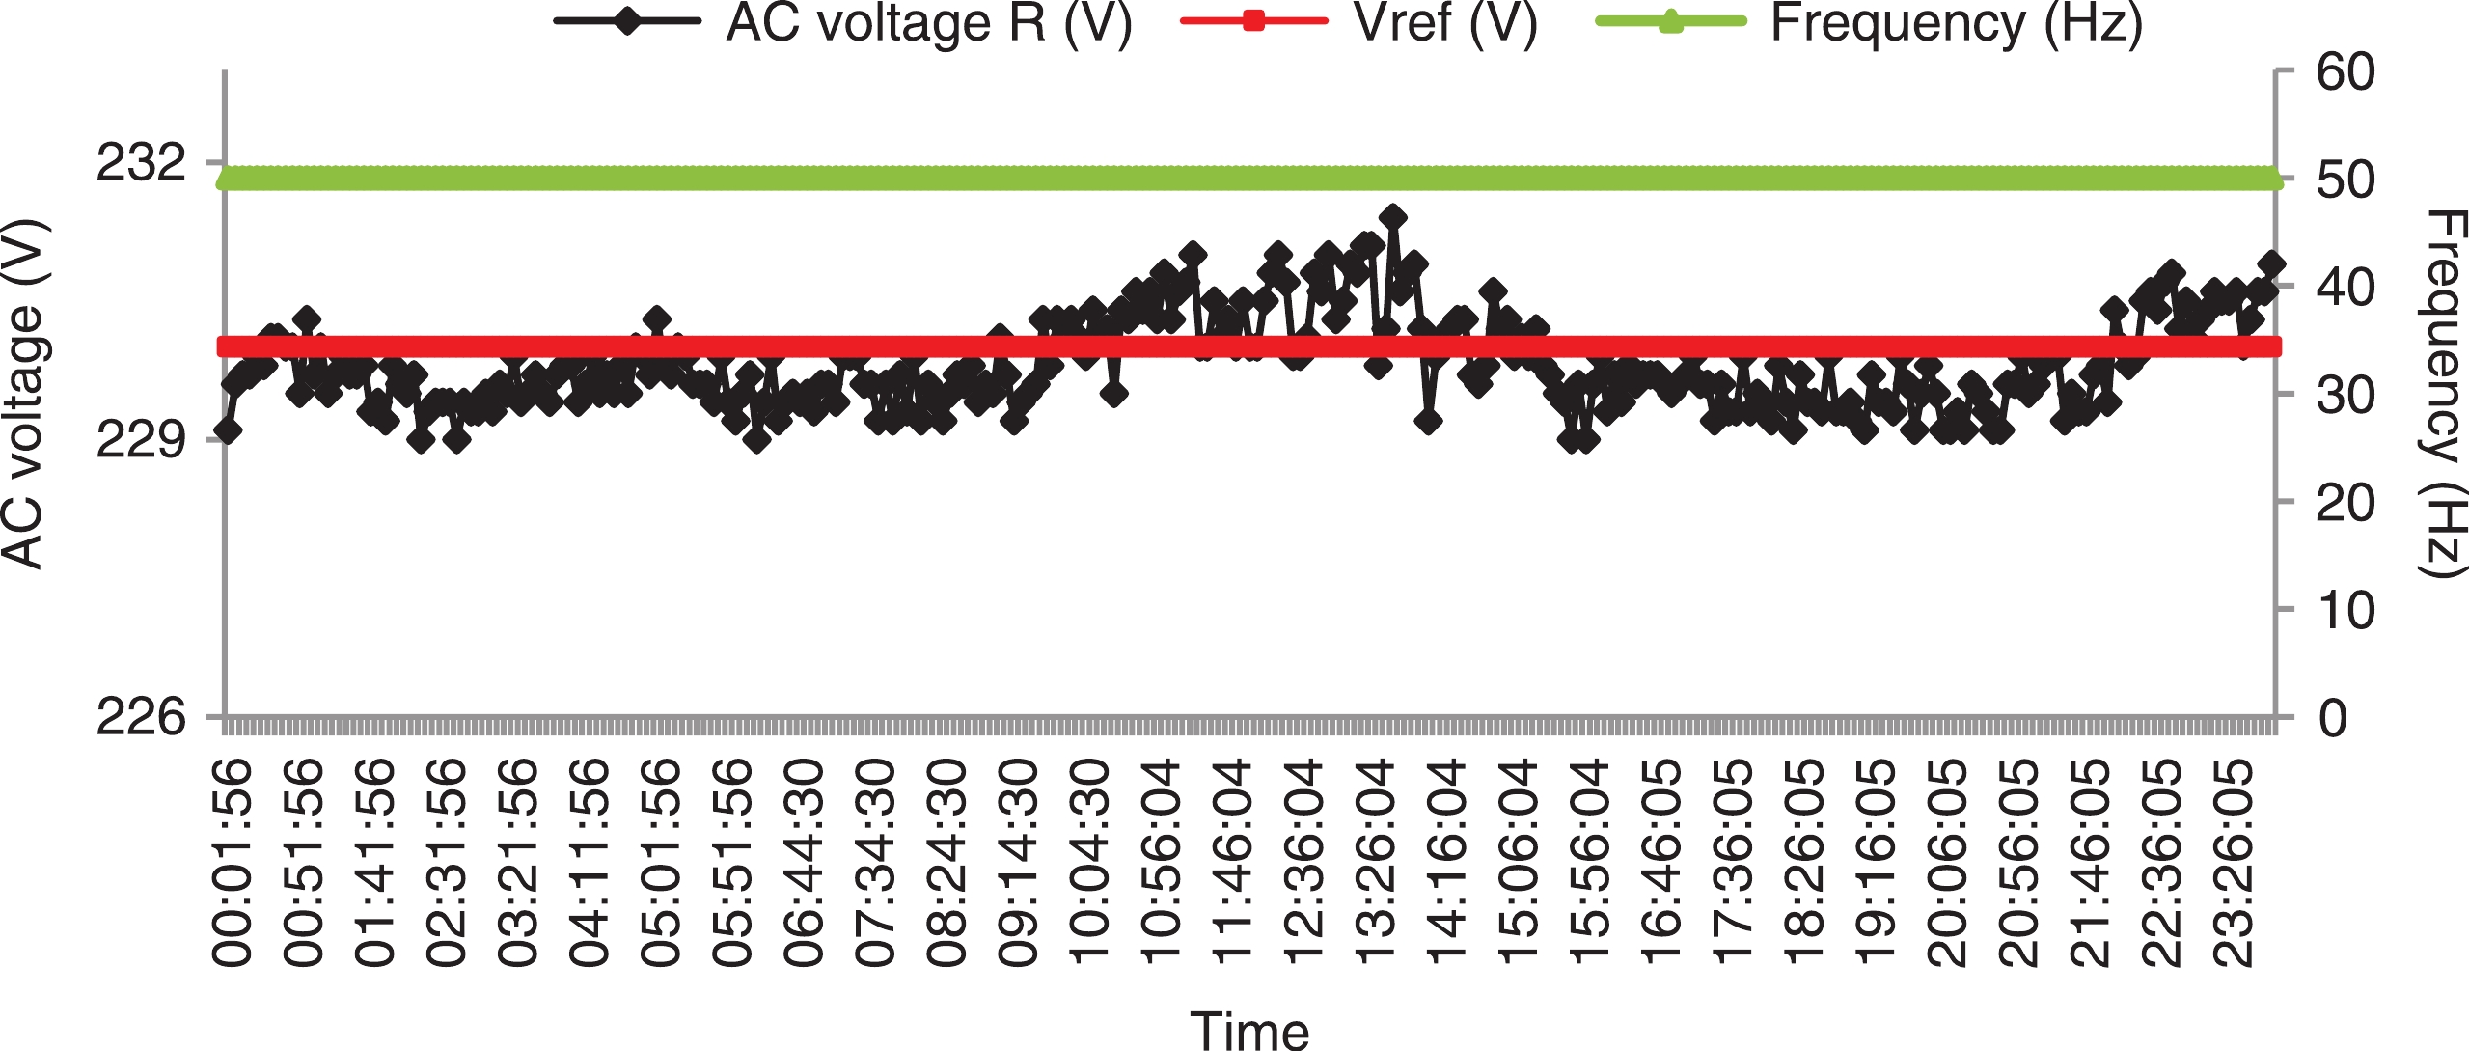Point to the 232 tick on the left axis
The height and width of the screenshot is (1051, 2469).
click(141, 163)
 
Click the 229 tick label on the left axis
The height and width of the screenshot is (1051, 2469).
click(141, 441)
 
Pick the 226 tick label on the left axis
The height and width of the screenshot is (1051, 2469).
click(141, 718)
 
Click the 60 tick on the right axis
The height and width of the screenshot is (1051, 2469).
click(2346, 72)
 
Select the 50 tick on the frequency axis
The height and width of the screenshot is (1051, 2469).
click(2346, 180)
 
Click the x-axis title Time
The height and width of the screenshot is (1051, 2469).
click(1249, 1029)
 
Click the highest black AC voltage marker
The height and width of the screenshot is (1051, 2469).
click(1391, 216)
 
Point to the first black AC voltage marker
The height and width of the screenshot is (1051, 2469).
click(228, 430)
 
